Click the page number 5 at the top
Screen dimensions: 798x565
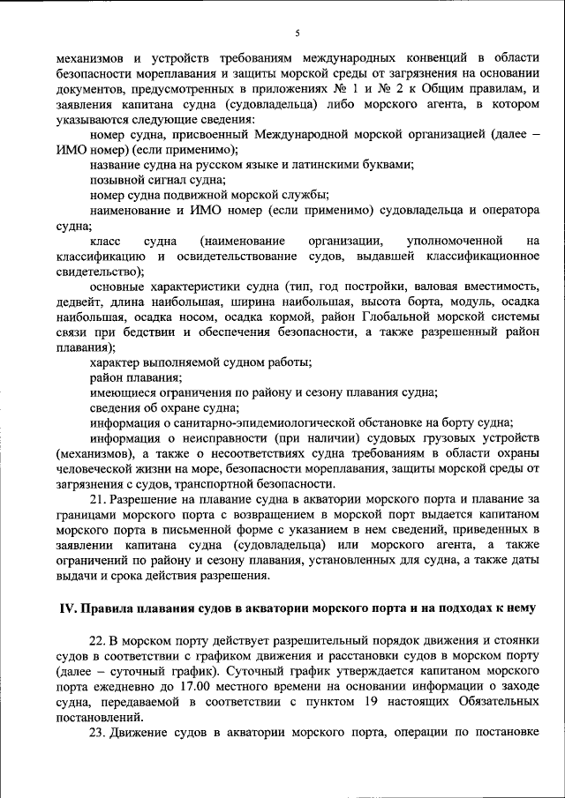click(298, 33)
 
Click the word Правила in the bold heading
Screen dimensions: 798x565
click(105, 609)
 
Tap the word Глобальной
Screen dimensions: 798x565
click(361, 317)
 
